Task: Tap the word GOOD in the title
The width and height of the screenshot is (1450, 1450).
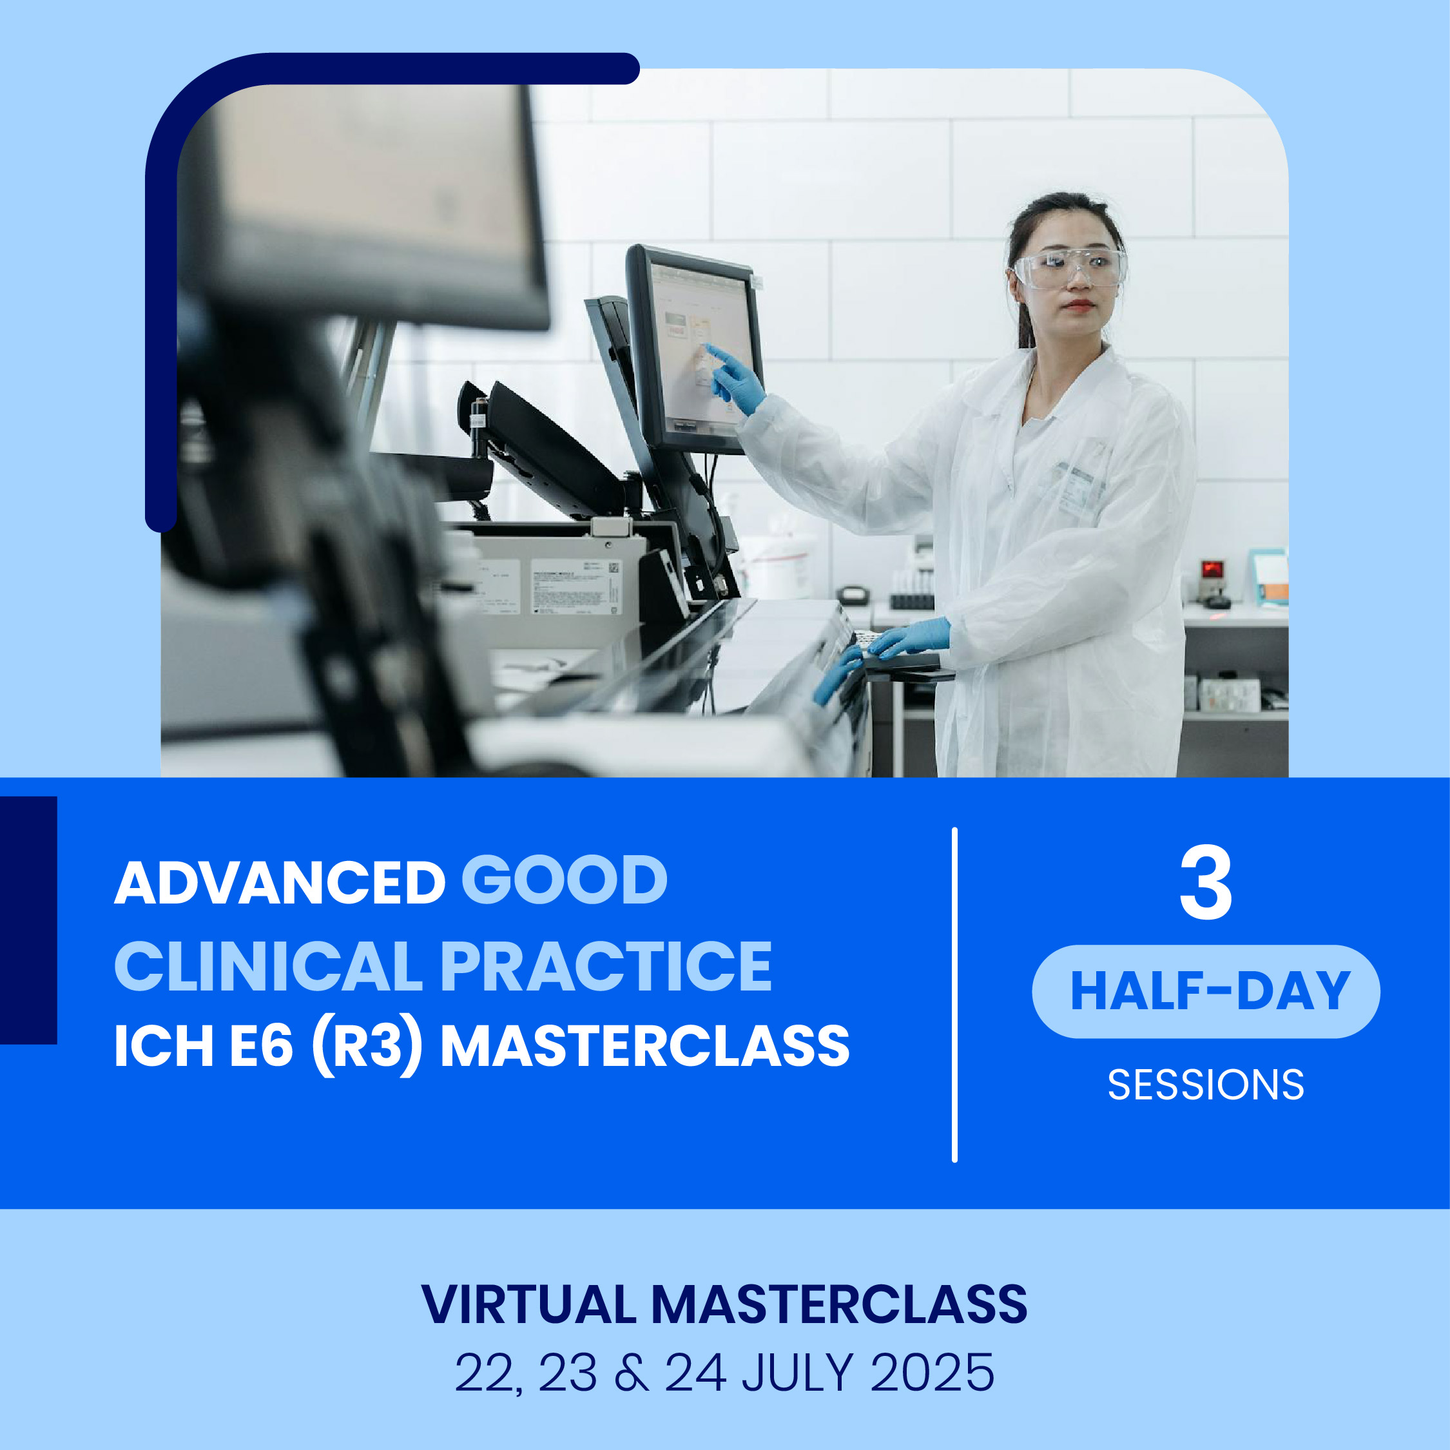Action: coord(565,882)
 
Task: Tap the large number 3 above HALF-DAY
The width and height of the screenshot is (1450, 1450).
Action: coord(1205,884)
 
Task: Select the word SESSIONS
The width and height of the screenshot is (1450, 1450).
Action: coord(1206,1085)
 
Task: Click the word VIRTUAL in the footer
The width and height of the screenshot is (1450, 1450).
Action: coord(528,1304)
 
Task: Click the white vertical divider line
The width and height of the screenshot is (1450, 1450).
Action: coord(954,996)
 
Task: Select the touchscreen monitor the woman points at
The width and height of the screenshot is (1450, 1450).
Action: coord(694,350)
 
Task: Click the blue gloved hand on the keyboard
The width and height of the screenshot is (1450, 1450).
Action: coord(907,639)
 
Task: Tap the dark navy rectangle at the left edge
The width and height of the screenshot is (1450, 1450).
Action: coord(28,920)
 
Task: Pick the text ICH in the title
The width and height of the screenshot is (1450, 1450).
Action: coord(162,1047)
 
